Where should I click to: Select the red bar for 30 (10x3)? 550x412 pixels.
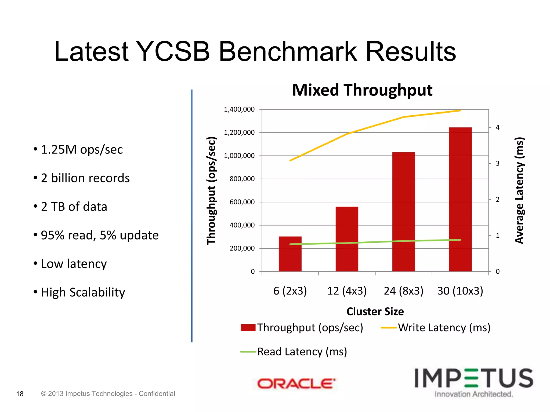click(x=460, y=200)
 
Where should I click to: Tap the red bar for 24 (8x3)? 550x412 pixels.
click(x=403, y=212)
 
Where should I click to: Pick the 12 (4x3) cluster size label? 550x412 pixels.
click(x=347, y=291)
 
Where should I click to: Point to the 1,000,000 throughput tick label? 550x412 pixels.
click(x=239, y=156)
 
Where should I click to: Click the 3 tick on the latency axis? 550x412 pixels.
click(x=497, y=163)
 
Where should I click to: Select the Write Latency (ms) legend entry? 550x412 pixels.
click(x=436, y=328)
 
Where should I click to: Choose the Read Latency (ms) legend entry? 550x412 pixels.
click(x=294, y=352)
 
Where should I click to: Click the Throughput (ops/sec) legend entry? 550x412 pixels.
click(x=302, y=328)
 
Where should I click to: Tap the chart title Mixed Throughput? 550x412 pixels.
click(x=362, y=90)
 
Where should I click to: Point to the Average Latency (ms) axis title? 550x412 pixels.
click(x=519, y=190)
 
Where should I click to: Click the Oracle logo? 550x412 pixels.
click(x=296, y=384)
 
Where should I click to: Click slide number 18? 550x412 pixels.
click(x=20, y=394)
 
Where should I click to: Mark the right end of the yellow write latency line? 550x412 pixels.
click(x=460, y=111)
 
